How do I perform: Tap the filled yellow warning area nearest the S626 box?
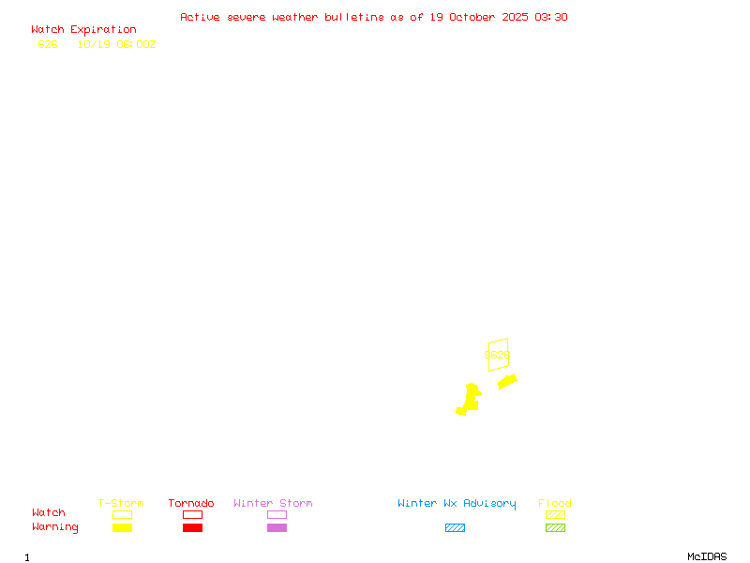[507, 381]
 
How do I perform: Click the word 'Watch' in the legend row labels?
[49, 513]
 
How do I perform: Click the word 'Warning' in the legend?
[54, 527]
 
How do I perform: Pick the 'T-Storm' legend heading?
[121, 504]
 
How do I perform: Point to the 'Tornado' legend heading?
[191, 504]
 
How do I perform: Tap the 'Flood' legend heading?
[555, 504]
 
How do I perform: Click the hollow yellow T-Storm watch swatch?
[122, 514]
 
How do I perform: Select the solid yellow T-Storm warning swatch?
[122, 527]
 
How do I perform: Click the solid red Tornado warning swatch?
[192, 527]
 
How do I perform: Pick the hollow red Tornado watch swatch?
[192, 514]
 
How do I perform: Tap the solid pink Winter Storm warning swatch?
[277, 527]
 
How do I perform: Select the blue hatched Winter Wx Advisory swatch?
[455, 527]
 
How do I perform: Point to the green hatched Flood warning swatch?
[555, 527]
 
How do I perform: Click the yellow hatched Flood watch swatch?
[555, 514]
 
